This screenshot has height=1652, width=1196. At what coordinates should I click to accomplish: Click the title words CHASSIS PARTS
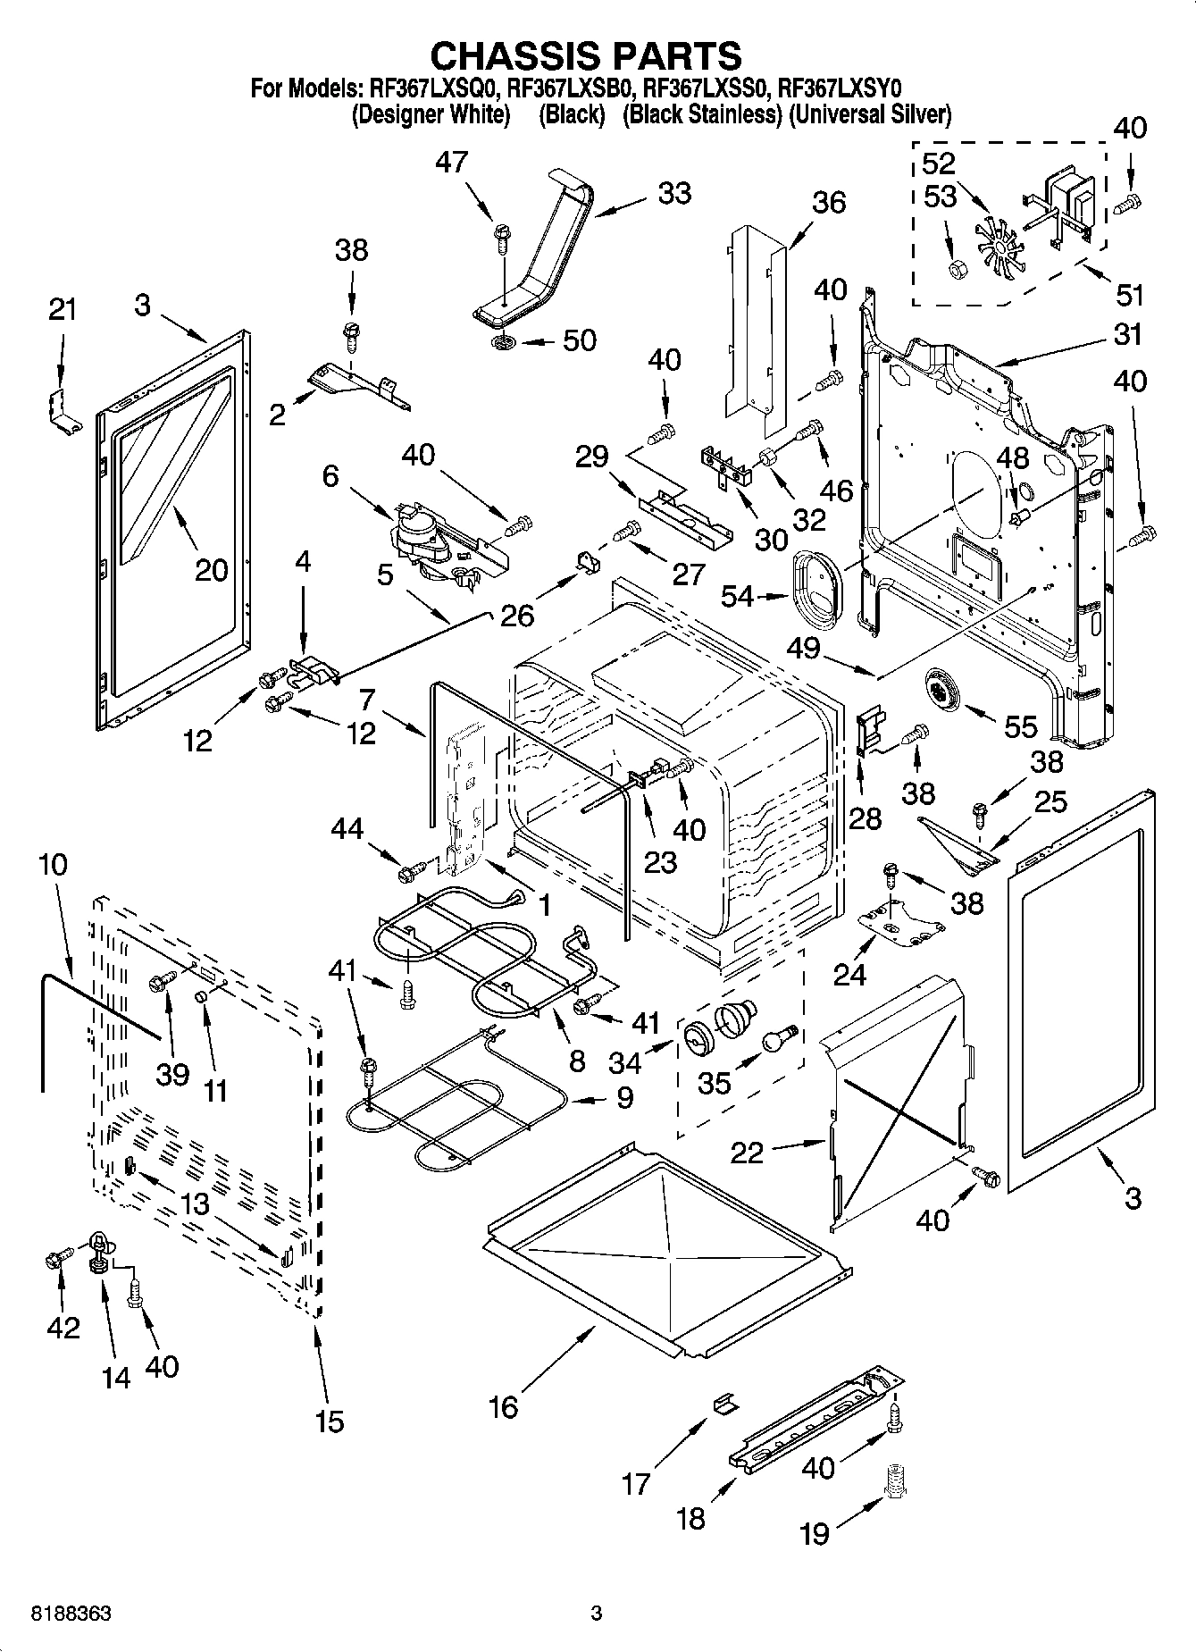coord(586,55)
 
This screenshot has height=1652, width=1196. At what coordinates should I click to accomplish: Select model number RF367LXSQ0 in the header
coord(432,88)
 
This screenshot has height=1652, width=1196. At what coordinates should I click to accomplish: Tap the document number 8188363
coord(71,1614)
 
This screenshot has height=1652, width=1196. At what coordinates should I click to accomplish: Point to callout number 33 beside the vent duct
coord(674,193)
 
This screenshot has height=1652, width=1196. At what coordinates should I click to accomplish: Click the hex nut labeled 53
coord(956,267)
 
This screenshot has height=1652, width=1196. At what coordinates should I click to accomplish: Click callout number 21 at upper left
coord(62,310)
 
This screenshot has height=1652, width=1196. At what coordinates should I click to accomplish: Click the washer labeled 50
coord(503,343)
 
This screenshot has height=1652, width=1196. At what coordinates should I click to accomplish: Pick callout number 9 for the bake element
coord(623,1097)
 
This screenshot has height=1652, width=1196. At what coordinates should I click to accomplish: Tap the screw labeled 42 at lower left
coord(54,1262)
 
